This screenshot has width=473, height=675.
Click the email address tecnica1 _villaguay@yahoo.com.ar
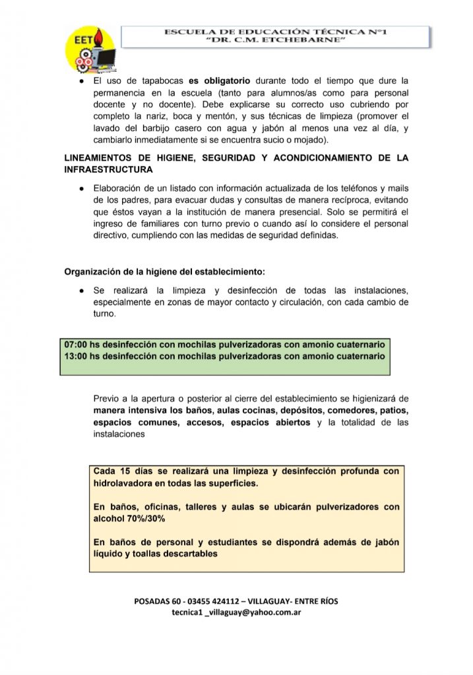[237, 612]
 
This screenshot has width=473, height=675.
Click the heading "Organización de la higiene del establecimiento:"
[164, 272]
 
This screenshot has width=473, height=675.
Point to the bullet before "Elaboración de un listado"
[80, 188]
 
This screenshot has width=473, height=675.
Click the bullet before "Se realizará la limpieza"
[80, 291]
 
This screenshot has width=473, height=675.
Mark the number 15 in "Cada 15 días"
[123, 471]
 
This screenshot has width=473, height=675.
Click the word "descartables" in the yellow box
[189, 554]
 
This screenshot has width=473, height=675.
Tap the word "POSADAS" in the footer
[152, 602]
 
